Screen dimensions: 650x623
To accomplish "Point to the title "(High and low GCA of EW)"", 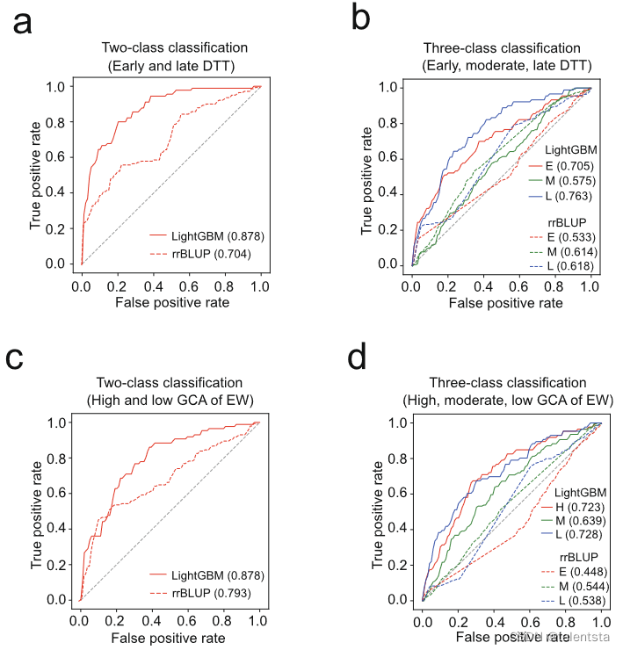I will pyautogui.click(x=170, y=401).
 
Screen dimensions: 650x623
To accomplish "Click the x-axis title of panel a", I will pyautogui.click(x=170, y=301).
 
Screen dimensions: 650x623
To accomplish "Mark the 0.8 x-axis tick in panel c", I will pyautogui.click(x=222, y=619).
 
